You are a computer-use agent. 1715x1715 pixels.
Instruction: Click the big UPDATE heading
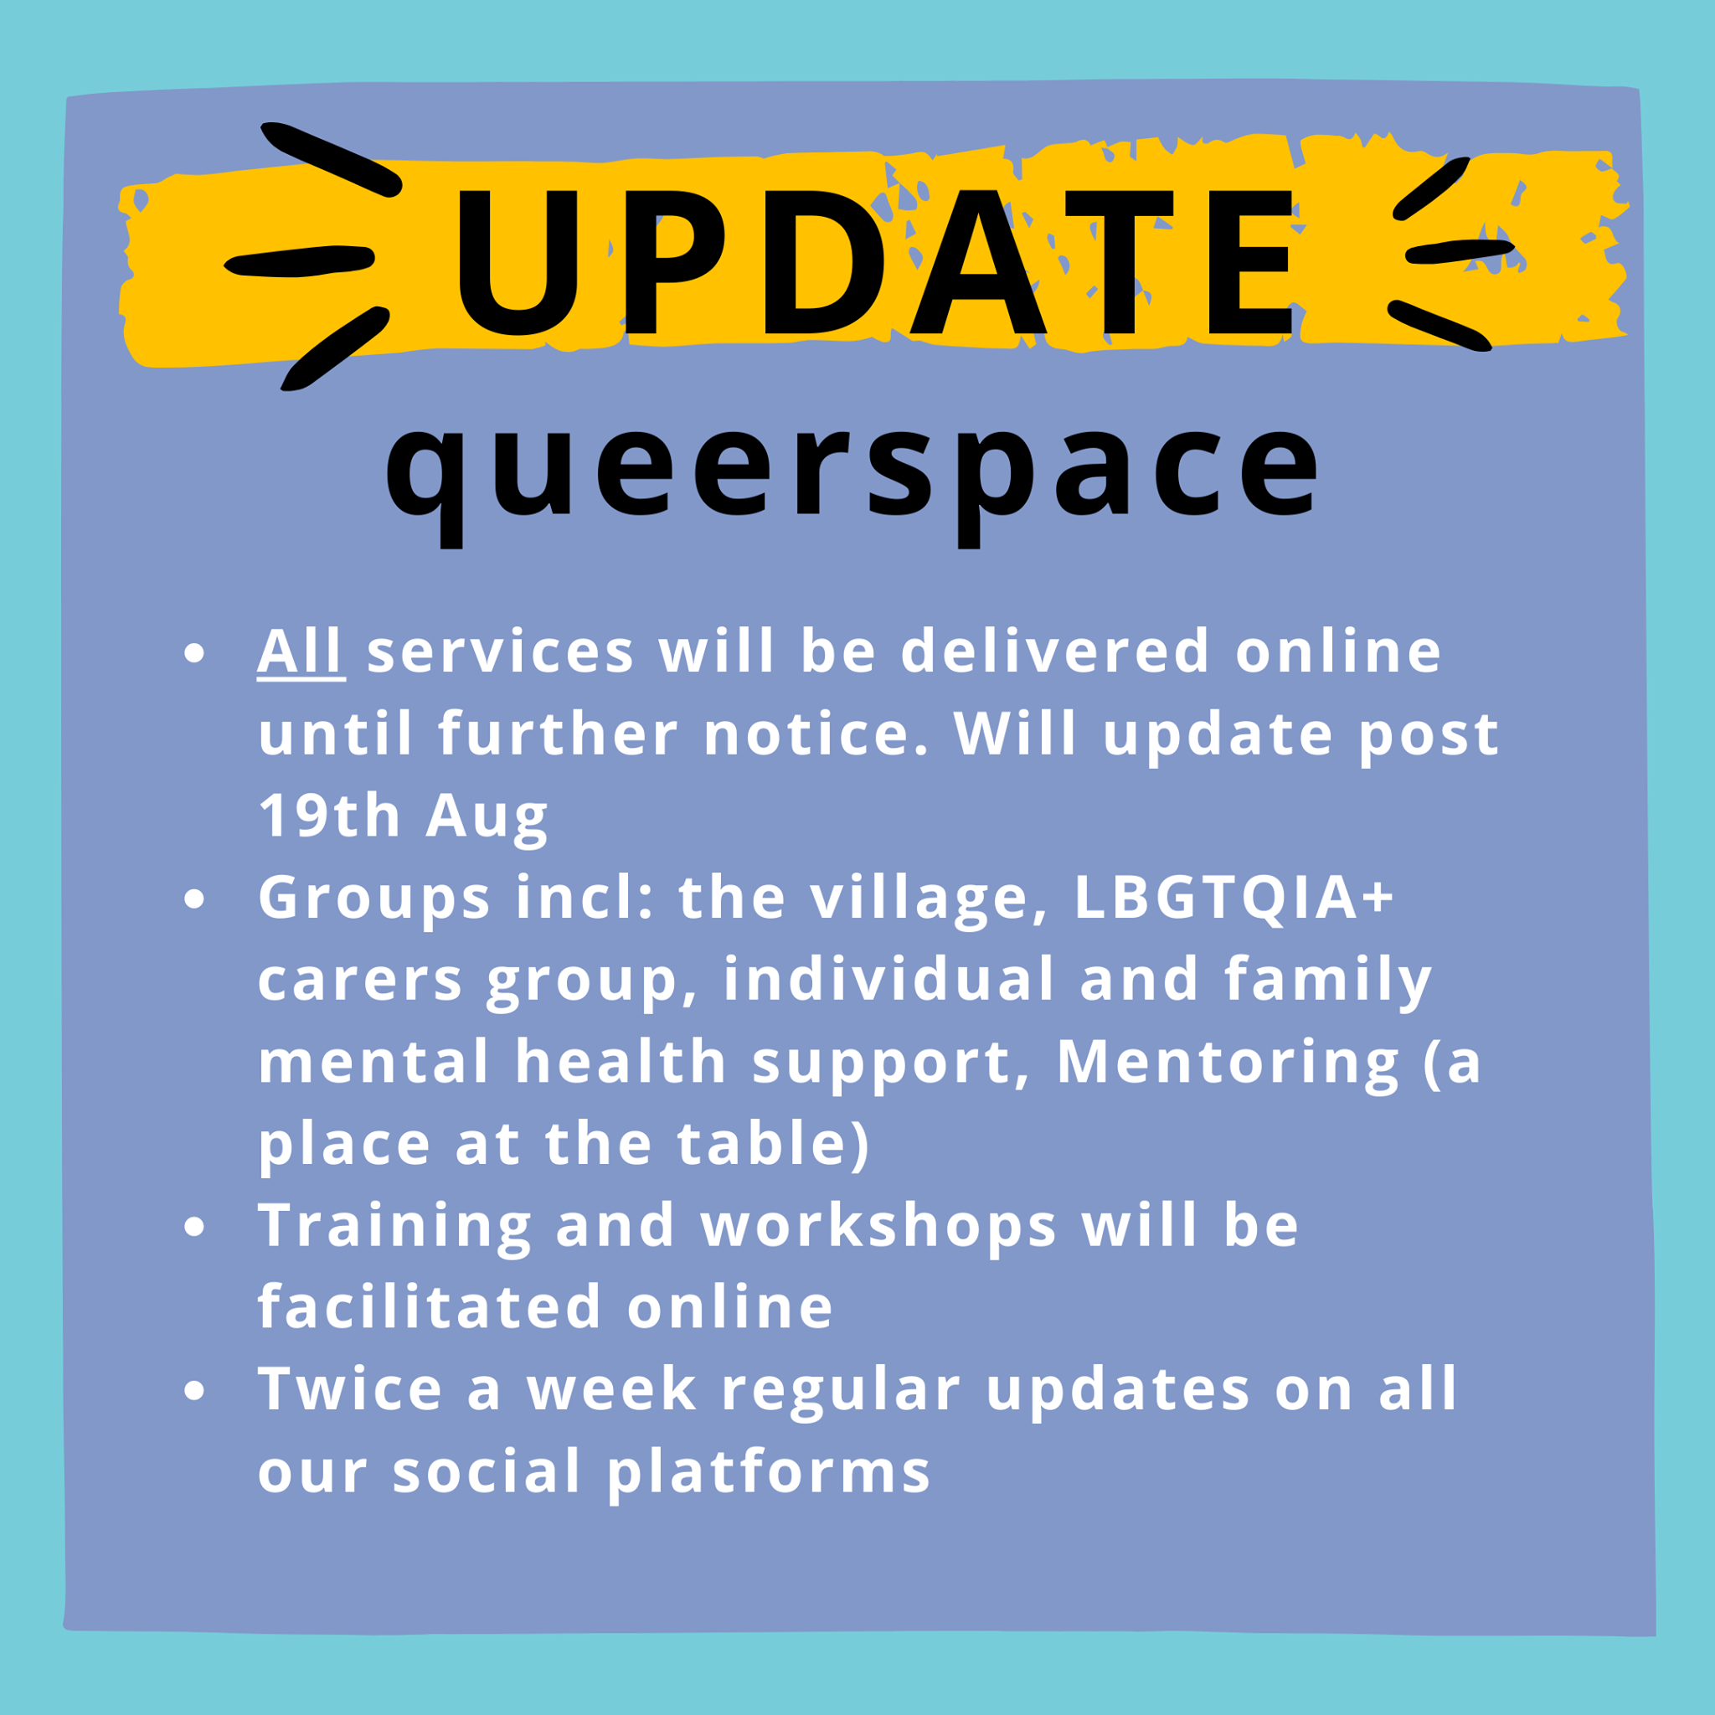pyautogui.click(x=874, y=263)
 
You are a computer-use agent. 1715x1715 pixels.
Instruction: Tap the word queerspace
pyautogui.click(x=853, y=479)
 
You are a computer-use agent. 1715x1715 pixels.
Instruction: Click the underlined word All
pyautogui.click(x=301, y=651)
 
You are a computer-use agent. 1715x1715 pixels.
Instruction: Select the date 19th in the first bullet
pyautogui.click(x=329, y=815)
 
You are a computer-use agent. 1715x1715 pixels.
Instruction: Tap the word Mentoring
pyautogui.click(x=1228, y=1064)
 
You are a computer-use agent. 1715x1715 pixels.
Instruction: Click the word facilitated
pyautogui.click(x=430, y=1306)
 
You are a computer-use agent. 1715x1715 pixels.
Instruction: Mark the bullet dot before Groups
pyautogui.click(x=193, y=899)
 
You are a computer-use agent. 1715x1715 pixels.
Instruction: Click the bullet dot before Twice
pyautogui.click(x=193, y=1391)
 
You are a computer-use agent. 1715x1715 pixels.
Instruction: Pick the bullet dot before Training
pyautogui.click(x=193, y=1227)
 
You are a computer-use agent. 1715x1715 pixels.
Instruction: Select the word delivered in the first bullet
pyautogui.click(x=1055, y=651)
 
